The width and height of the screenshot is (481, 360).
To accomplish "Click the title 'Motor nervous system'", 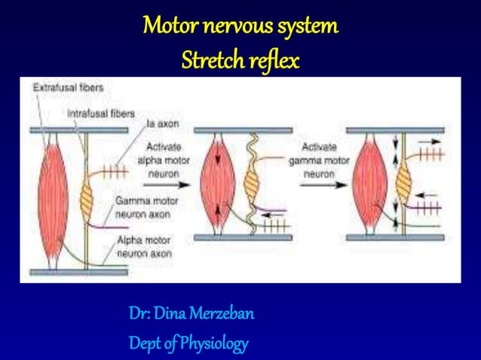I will tap(240, 28).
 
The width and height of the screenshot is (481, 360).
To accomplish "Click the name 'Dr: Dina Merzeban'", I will tap(191, 313).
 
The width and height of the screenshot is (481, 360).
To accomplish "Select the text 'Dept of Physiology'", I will tap(188, 343).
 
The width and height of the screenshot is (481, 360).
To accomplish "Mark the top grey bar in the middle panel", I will tap(240, 130).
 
